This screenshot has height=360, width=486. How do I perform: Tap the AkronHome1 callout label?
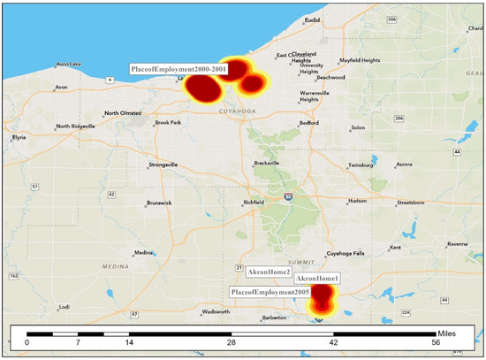point(317,279)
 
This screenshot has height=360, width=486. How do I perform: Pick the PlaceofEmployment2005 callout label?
point(270,291)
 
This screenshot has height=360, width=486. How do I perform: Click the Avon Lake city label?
point(68,64)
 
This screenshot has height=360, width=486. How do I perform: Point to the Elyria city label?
point(19,138)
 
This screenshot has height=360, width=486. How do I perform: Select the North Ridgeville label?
point(75,126)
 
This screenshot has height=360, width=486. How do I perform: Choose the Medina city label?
point(144,253)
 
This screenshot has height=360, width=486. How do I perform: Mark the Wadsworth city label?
point(216,311)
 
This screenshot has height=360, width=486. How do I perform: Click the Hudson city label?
point(357,201)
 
